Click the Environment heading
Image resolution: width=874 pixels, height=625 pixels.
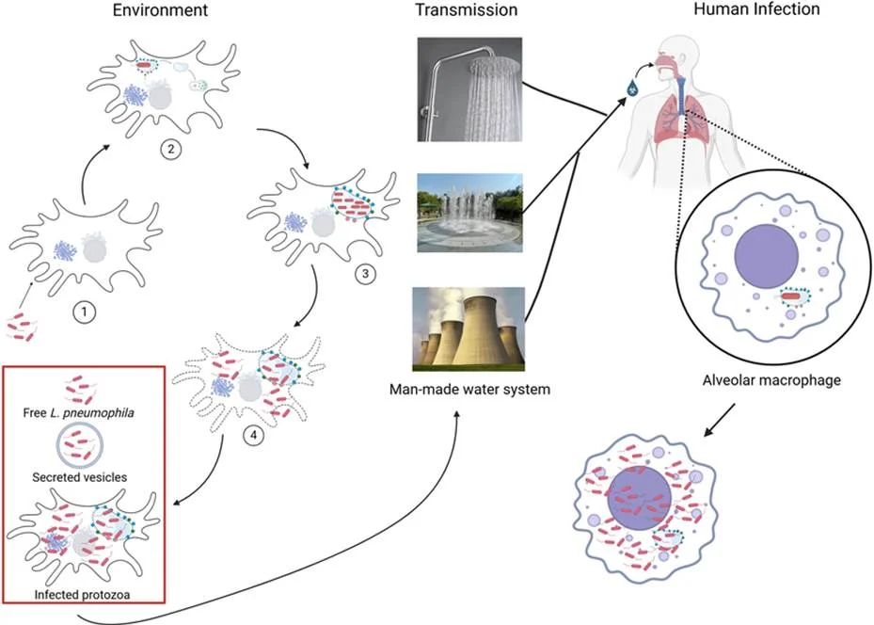160,10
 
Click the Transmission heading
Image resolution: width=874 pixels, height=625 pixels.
467,9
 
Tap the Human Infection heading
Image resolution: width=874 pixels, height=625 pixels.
756,8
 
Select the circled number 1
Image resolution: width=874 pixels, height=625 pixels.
84,312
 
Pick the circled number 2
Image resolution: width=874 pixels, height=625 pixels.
170,149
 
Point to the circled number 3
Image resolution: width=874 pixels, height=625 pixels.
365,274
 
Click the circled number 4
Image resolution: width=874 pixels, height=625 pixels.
253,436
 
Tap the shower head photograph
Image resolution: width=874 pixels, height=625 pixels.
469,89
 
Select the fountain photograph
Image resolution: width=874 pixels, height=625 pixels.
469,213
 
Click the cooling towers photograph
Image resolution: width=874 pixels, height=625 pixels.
469,329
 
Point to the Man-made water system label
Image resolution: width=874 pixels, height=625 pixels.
469,389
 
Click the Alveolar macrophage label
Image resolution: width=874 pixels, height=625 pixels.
771,380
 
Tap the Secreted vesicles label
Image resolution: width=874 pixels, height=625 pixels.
80,477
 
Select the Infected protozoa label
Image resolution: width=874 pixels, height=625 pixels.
82,594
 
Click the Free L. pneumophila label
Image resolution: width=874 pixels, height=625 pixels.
79,413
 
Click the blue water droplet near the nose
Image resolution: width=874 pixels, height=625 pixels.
632,87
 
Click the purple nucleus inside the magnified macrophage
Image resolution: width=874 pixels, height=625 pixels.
767,256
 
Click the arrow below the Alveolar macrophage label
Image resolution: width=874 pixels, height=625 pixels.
719,421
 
